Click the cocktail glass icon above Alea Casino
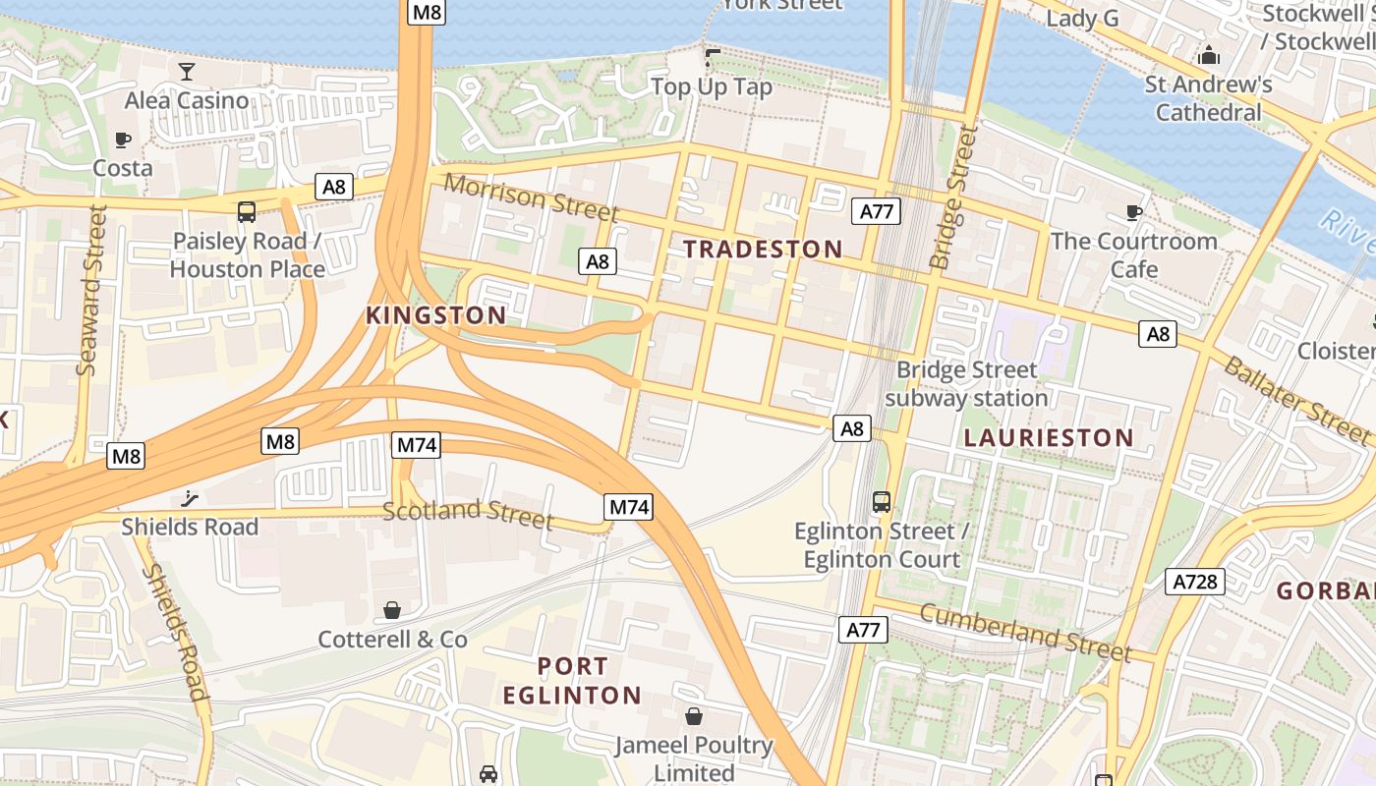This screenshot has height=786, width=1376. (187, 71)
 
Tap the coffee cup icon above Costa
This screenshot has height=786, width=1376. (123, 140)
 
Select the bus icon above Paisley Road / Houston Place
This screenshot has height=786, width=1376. (247, 211)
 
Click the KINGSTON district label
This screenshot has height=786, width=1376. (436, 315)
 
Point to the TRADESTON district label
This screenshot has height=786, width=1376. (763, 250)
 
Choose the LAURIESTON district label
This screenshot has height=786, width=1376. (1049, 438)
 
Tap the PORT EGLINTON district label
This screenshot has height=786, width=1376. (572, 681)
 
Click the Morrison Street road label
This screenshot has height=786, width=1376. (531, 197)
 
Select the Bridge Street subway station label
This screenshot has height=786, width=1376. (966, 384)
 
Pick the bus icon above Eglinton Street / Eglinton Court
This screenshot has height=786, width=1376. (882, 502)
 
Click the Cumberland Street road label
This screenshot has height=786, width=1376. (1025, 633)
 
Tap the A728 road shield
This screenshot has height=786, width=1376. (1196, 582)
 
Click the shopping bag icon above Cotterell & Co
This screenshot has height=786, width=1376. (392, 610)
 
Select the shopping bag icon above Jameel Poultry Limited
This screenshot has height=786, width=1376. (694, 715)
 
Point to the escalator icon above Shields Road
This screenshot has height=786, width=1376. (190, 498)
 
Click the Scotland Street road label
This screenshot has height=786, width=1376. (468, 513)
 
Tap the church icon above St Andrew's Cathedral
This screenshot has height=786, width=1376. (1209, 55)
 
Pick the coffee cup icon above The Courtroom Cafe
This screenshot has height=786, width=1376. (1134, 212)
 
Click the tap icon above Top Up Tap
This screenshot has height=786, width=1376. (712, 58)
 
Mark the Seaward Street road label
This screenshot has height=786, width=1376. (90, 290)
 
